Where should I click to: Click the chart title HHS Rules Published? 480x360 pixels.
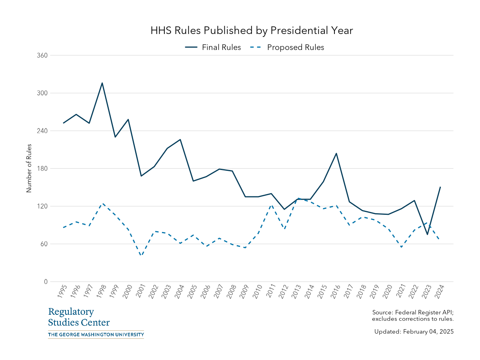point(252,31)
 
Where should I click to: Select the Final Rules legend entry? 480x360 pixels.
point(213,47)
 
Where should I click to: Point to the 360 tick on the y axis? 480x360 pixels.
point(42,55)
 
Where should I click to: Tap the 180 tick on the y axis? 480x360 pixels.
point(42,168)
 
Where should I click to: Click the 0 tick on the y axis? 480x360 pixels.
point(46,282)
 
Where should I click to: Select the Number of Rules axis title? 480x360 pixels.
point(29,168)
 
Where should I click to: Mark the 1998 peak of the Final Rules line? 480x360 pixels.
point(102,83)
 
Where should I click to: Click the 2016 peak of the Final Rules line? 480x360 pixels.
point(336,153)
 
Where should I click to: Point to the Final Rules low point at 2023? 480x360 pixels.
point(427,234)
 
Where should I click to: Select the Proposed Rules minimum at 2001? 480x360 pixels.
point(141,256)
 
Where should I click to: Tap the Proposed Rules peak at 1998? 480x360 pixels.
point(102,204)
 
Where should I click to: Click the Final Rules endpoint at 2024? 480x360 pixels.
point(440,187)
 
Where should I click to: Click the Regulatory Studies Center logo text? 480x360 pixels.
point(79,317)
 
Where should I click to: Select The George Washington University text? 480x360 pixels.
point(96,334)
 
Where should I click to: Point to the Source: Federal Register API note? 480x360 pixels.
point(412,316)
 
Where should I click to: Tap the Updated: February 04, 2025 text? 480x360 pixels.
point(414,332)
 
